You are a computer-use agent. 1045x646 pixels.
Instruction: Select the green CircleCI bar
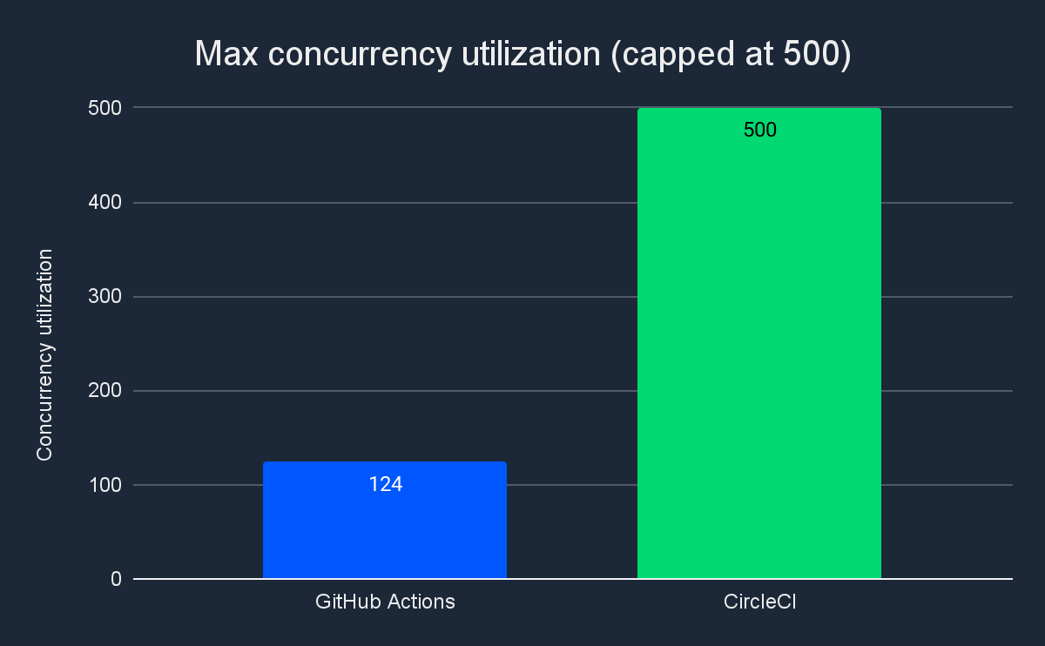click(758, 348)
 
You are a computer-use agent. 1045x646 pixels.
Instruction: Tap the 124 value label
click(385, 485)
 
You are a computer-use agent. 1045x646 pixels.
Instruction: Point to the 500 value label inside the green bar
click(759, 131)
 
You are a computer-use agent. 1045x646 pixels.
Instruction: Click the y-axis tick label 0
click(115, 579)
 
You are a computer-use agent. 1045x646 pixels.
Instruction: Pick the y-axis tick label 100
click(104, 485)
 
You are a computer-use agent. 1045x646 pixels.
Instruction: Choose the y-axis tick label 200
click(104, 391)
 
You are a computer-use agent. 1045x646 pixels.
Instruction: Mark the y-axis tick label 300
click(104, 297)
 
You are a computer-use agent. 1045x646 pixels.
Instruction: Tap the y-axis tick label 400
click(104, 203)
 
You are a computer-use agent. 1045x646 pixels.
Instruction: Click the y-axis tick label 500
click(104, 108)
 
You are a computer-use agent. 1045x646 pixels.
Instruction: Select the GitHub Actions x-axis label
click(385, 602)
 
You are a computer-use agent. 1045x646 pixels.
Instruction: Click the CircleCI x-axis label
click(759, 602)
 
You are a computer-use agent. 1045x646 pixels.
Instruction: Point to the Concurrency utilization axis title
click(45, 354)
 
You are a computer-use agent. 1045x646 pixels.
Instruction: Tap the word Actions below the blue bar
click(421, 602)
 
